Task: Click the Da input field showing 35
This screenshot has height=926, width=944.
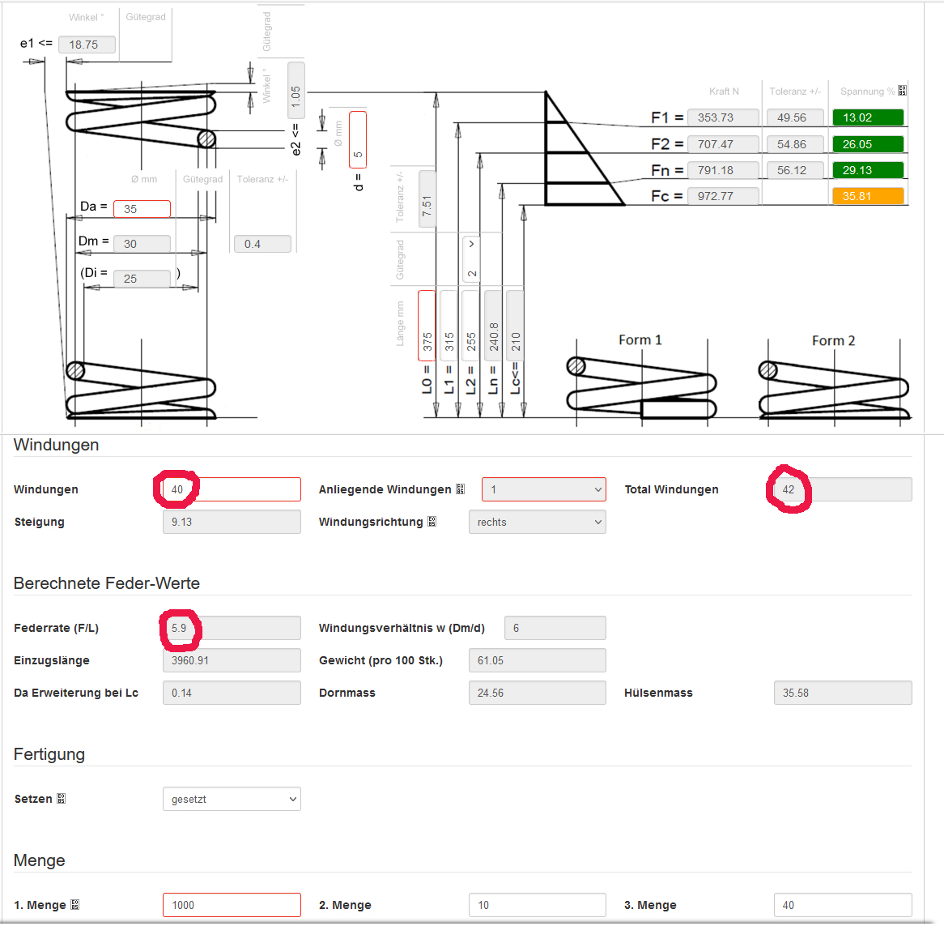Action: point(142,209)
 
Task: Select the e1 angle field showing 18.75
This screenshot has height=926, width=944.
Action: point(87,45)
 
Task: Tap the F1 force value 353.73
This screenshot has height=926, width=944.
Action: point(723,117)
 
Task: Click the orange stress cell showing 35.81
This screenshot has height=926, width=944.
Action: point(867,196)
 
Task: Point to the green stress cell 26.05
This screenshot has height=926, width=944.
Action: point(867,144)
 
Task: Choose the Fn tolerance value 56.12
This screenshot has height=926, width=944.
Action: point(794,170)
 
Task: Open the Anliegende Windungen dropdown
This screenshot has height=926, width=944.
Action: point(543,489)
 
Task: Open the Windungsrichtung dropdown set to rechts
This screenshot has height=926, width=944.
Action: point(537,522)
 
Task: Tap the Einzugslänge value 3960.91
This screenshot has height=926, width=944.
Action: point(232,660)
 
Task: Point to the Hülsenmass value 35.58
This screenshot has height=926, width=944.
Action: point(842,693)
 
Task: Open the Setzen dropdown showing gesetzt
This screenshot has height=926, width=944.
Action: point(232,799)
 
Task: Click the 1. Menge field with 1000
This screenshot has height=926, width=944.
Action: point(232,905)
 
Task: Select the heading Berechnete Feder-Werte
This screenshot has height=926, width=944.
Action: point(107,583)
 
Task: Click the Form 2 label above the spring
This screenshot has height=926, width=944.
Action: point(833,341)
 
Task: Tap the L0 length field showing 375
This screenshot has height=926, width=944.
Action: point(427,325)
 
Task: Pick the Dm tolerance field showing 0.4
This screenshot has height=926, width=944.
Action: point(262,244)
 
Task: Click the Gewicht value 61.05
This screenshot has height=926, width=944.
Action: point(537,660)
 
